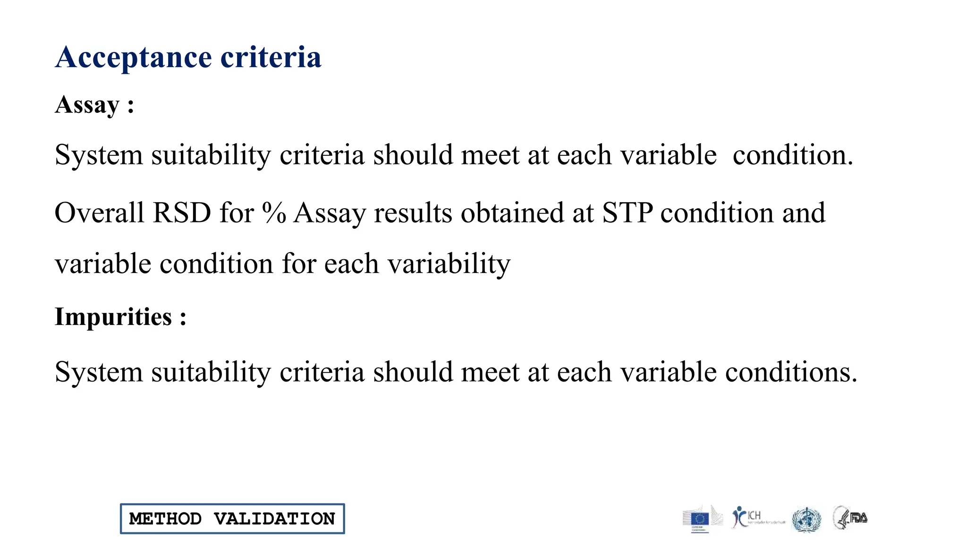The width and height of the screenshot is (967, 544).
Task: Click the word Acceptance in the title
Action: (x=134, y=58)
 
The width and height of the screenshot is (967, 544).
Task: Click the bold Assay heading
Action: (x=87, y=105)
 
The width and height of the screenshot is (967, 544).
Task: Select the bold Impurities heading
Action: (x=113, y=317)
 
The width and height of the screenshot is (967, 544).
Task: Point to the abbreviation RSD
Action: (x=182, y=213)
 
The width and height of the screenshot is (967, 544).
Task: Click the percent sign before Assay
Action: (x=274, y=213)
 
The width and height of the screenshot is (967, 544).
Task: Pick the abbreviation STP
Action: (x=628, y=213)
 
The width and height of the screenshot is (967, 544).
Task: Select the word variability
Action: (x=449, y=264)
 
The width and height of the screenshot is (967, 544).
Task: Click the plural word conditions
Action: (x=791, y=373)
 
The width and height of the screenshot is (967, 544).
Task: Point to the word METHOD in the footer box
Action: (x=165, y=519)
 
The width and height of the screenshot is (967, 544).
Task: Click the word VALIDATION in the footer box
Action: (x=274, y=519)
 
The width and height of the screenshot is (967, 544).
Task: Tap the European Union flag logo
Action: (x=700, y=519)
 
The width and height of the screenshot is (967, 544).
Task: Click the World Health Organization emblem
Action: (x=806, y=519)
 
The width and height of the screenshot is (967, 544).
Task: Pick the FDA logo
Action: (x=851, y=518)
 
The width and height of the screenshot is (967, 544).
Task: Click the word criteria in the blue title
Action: (x=271, y=58)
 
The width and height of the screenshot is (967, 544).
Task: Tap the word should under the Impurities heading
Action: (x=413, y=373)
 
